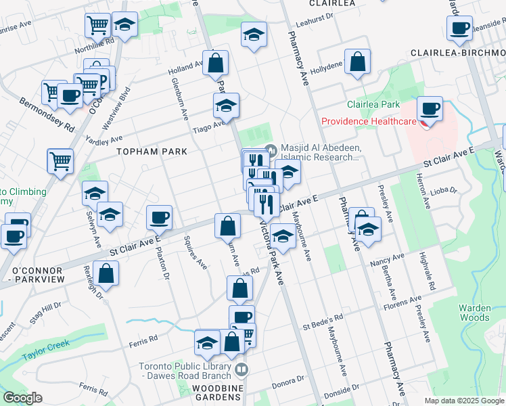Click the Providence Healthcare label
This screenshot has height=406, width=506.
pyautogui.click(x=368, y=122)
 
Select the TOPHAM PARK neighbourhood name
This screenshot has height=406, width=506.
pyautogui.click(x=151, y=152)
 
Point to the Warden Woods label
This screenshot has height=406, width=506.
pyautogui.click(x=474, y=312)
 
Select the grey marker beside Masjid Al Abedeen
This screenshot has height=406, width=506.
pyautogui.click(x=272, y=150)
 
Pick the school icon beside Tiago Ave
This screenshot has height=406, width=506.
pyautogui.click(x=227, y=105)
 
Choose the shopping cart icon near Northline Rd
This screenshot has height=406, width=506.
pyautogui.click(x=97, y=26)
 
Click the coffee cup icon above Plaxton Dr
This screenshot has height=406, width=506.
pyautogui.click(x=160, y=217)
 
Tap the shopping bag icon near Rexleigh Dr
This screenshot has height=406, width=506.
pyautogui.click(x=106, y=273)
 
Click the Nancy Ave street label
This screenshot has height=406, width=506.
pyautogui.click(x=387, y=257)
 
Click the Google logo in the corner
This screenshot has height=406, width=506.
pyautogui.click(x=22, y=398)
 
